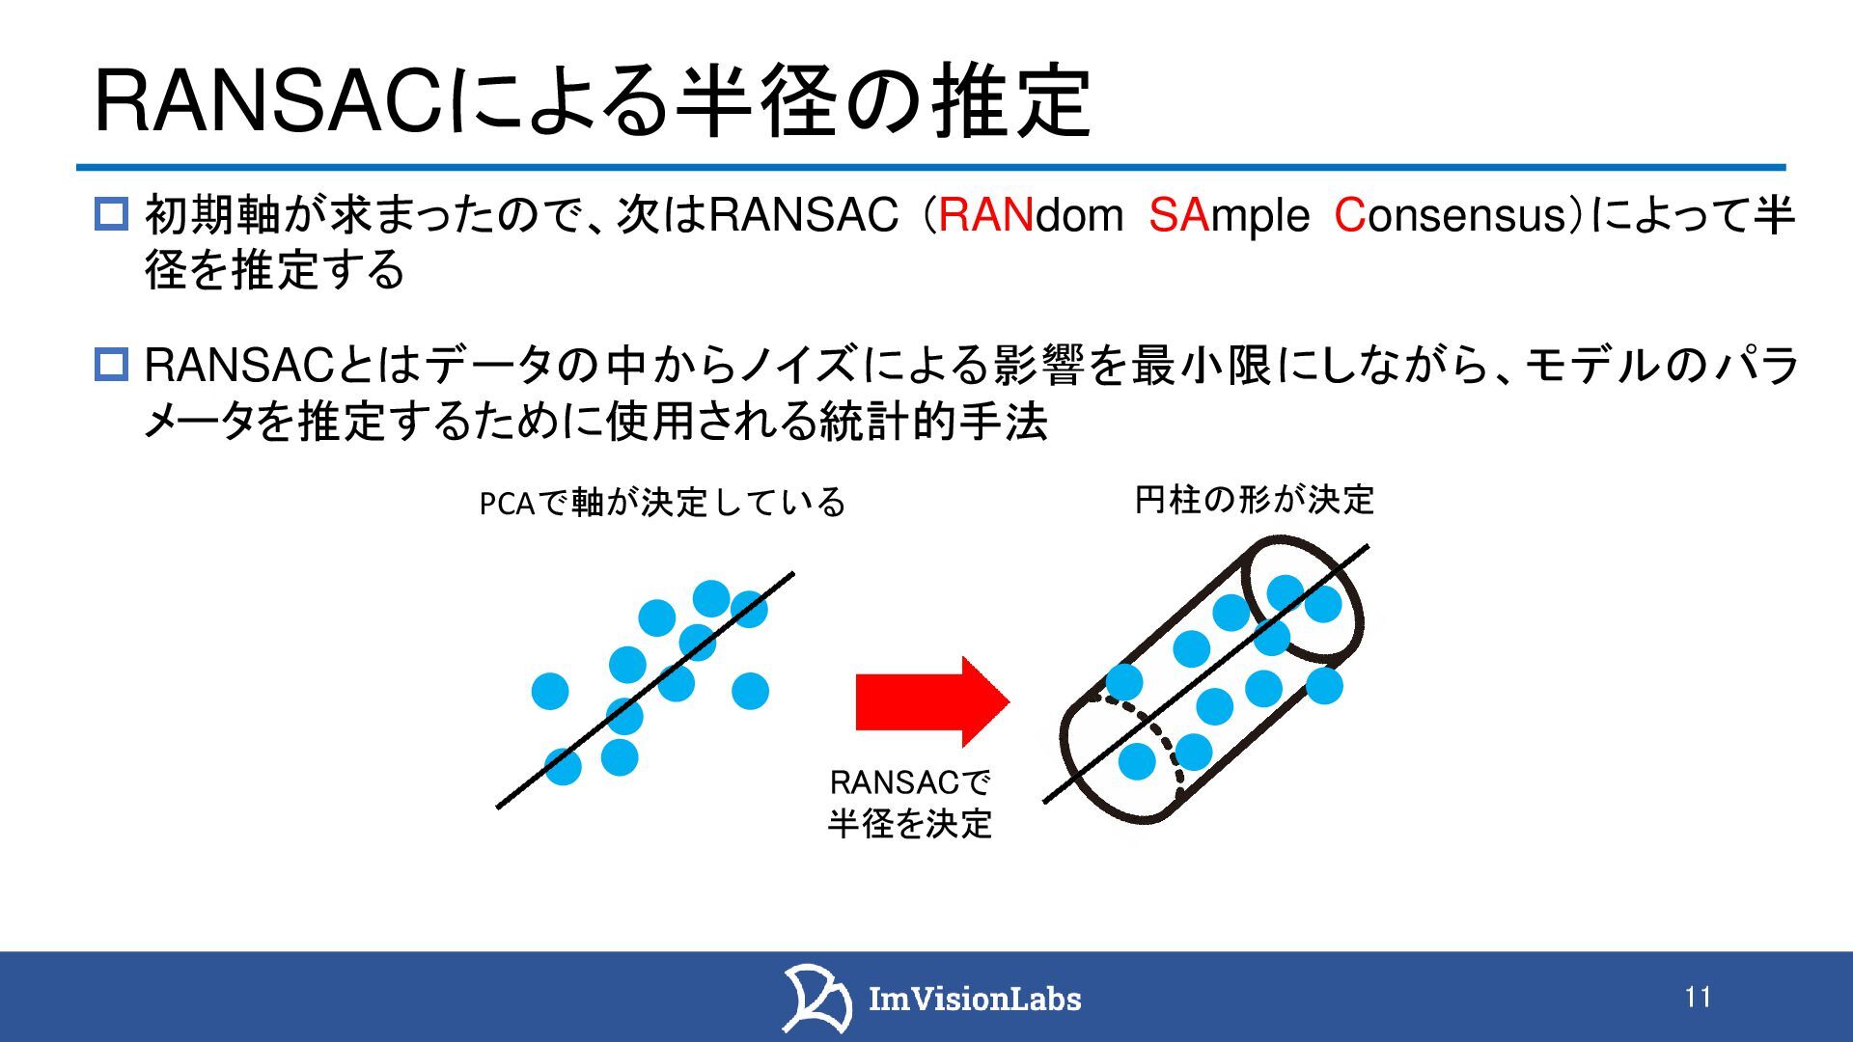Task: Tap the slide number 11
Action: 1699,997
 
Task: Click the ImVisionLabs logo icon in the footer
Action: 816,998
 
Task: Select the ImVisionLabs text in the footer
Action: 975,999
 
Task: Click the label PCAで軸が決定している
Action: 662,503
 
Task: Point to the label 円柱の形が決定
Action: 1254,500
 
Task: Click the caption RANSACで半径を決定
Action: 910,803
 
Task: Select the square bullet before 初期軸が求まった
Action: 111,213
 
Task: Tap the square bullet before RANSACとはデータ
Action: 111,365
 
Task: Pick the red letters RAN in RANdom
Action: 985,214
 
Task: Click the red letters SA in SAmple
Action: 1178,214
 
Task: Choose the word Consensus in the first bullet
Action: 1452,214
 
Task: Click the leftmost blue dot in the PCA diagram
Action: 550,691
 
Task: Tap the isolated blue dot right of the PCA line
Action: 750,691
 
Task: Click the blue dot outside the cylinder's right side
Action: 1324,685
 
